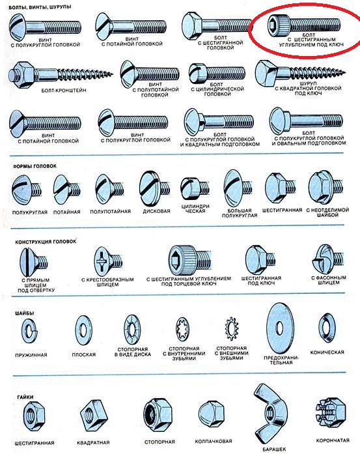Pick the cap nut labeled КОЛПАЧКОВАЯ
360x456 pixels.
211,414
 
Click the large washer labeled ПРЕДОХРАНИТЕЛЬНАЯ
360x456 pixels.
280,328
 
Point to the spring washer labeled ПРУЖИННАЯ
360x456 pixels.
30,331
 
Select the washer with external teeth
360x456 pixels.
231,328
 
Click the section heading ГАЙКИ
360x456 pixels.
25,397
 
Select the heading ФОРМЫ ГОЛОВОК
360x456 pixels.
35,166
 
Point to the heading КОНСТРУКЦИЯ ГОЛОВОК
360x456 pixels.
46,242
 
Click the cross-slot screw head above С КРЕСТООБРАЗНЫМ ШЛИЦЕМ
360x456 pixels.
103,261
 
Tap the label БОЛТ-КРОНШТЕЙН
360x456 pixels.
64,91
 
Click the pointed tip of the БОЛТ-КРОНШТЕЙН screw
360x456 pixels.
112,74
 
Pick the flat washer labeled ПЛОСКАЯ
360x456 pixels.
84,330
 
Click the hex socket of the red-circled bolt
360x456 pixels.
273,25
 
